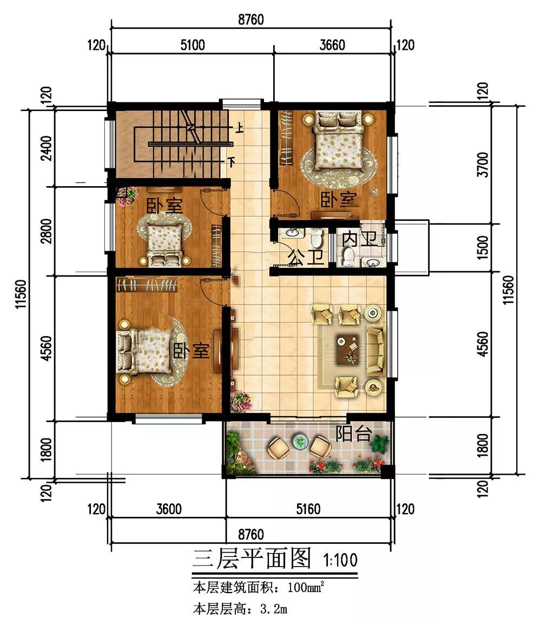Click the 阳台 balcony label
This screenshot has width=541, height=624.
(x=354, y=433)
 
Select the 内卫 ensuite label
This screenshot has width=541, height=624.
(x=360, y=239)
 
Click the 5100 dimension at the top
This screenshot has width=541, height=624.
(x=193, y=45)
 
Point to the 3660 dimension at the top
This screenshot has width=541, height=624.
(x=332, y=45)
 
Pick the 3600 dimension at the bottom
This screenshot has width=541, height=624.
(x=169, y=509)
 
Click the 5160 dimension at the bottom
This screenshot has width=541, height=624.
(x=308, y=509)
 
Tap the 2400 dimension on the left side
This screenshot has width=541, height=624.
(x=47, y=148)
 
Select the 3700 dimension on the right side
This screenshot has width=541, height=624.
(x=483, y=164)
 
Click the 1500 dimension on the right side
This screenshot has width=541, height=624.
(x=483, y=247)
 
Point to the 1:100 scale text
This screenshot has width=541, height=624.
(x=340, y=560)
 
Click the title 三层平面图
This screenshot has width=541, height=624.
(x=252, y=559)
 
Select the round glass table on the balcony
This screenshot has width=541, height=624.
(x=300, y=441)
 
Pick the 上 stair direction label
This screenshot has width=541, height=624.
(x=240, y=128)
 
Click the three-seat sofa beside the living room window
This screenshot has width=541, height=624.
(x=375, y=350)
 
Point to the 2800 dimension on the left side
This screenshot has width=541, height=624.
(x=47, y=231)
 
